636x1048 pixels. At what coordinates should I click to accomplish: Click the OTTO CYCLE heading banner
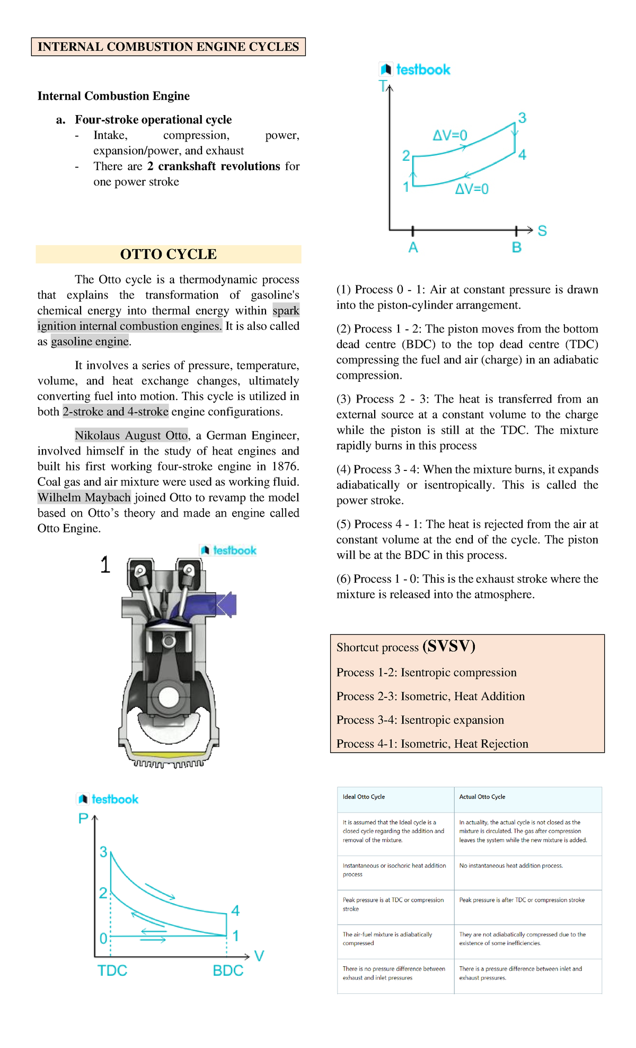tap(168, 255)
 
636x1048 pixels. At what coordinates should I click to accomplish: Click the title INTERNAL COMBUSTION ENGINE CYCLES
tap(168, 47)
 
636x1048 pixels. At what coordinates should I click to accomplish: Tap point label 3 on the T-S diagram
tap(522, 118)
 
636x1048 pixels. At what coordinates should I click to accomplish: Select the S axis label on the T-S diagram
tap(542, 231)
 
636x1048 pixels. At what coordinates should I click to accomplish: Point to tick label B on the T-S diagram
tap(516, 248)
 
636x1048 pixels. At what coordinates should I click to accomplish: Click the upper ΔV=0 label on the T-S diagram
tap(450, 135)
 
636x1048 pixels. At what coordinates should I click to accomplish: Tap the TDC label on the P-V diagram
tap(112, 971)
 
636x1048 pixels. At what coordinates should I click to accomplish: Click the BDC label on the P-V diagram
tap(228, 971)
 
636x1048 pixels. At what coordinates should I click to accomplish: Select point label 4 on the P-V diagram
tap(235, 911)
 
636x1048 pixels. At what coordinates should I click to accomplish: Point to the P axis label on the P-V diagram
tap(83, 818)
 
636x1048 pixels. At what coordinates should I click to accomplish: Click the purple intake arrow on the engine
tap(227, 605)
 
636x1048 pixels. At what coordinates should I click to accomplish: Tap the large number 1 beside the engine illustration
tap(105, 565)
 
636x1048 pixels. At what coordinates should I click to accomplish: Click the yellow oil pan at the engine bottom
tap(168, 755)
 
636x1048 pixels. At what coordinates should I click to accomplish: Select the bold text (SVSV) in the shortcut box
tap(449, 646)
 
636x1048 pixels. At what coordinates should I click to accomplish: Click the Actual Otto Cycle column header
tap(482, 797)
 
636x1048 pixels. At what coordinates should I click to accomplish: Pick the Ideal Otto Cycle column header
tap(364, 797)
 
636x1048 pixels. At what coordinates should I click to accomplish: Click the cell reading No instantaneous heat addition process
tap(511, 866)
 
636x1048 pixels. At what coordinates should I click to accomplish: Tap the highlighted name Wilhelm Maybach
tap(84, 497)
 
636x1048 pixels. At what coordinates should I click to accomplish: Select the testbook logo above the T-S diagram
tap(415, 69)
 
